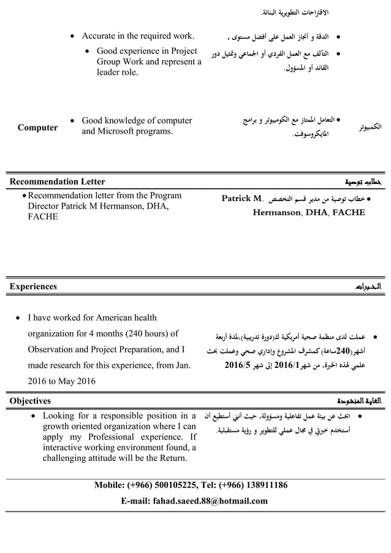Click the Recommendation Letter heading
click(57, 181)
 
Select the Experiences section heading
click(33, 286)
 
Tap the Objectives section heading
click(30, 401)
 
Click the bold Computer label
click(37, 128)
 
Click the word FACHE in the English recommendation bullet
click(42, 216)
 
